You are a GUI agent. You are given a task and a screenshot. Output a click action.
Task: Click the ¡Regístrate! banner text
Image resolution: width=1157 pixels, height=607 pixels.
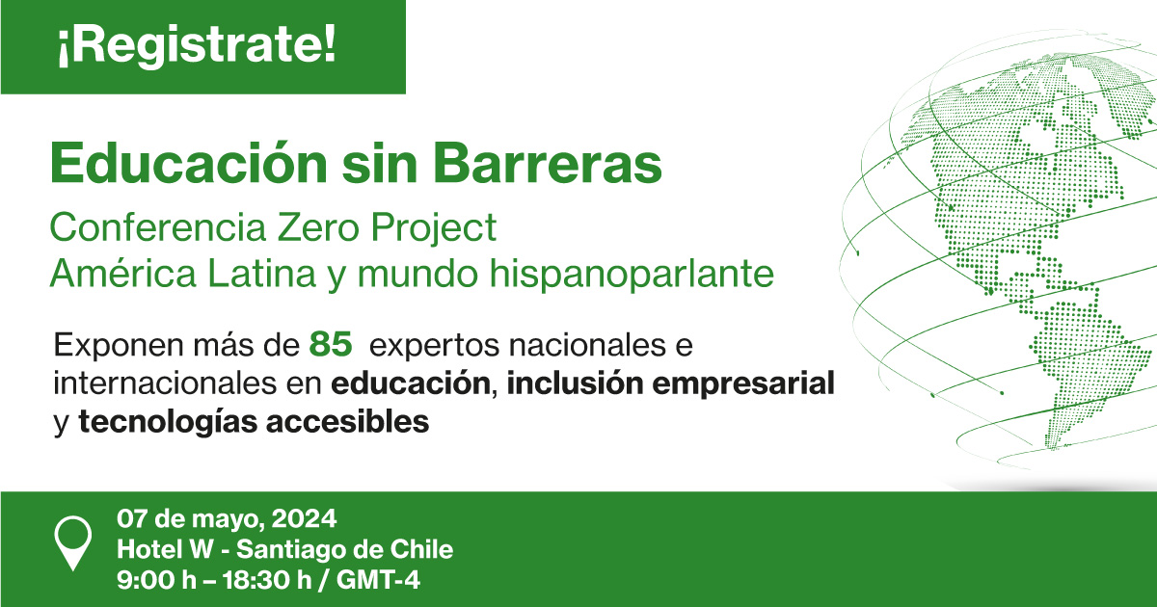coord(197,44)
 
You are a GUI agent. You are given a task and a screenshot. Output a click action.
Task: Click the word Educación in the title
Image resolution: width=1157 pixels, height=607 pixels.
coord(189,163)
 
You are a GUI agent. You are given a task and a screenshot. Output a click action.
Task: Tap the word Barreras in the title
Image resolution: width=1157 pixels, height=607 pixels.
coord(548,164)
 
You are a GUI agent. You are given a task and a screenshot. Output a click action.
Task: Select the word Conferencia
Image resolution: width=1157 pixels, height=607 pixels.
coord(157,227)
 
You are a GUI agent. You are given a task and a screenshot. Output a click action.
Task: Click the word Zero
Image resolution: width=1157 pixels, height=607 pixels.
coord(317,227)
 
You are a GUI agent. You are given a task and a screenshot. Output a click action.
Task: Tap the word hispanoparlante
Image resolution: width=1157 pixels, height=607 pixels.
coord(632,273)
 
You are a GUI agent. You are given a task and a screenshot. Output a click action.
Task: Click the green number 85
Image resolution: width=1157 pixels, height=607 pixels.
coord(331,344)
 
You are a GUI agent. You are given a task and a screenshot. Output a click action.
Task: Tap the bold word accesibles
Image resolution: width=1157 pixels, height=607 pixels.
coord(348,422)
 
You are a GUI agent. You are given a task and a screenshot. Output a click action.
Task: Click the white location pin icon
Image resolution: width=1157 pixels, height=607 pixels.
coord(73,541)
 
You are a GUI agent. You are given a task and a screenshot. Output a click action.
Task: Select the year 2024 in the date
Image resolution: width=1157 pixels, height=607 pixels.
coord(305,518)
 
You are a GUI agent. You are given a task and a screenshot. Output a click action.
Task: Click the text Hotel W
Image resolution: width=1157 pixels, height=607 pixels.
coord(165,548)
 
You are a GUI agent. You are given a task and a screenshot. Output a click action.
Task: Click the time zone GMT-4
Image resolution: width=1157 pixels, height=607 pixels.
coord(378,580)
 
